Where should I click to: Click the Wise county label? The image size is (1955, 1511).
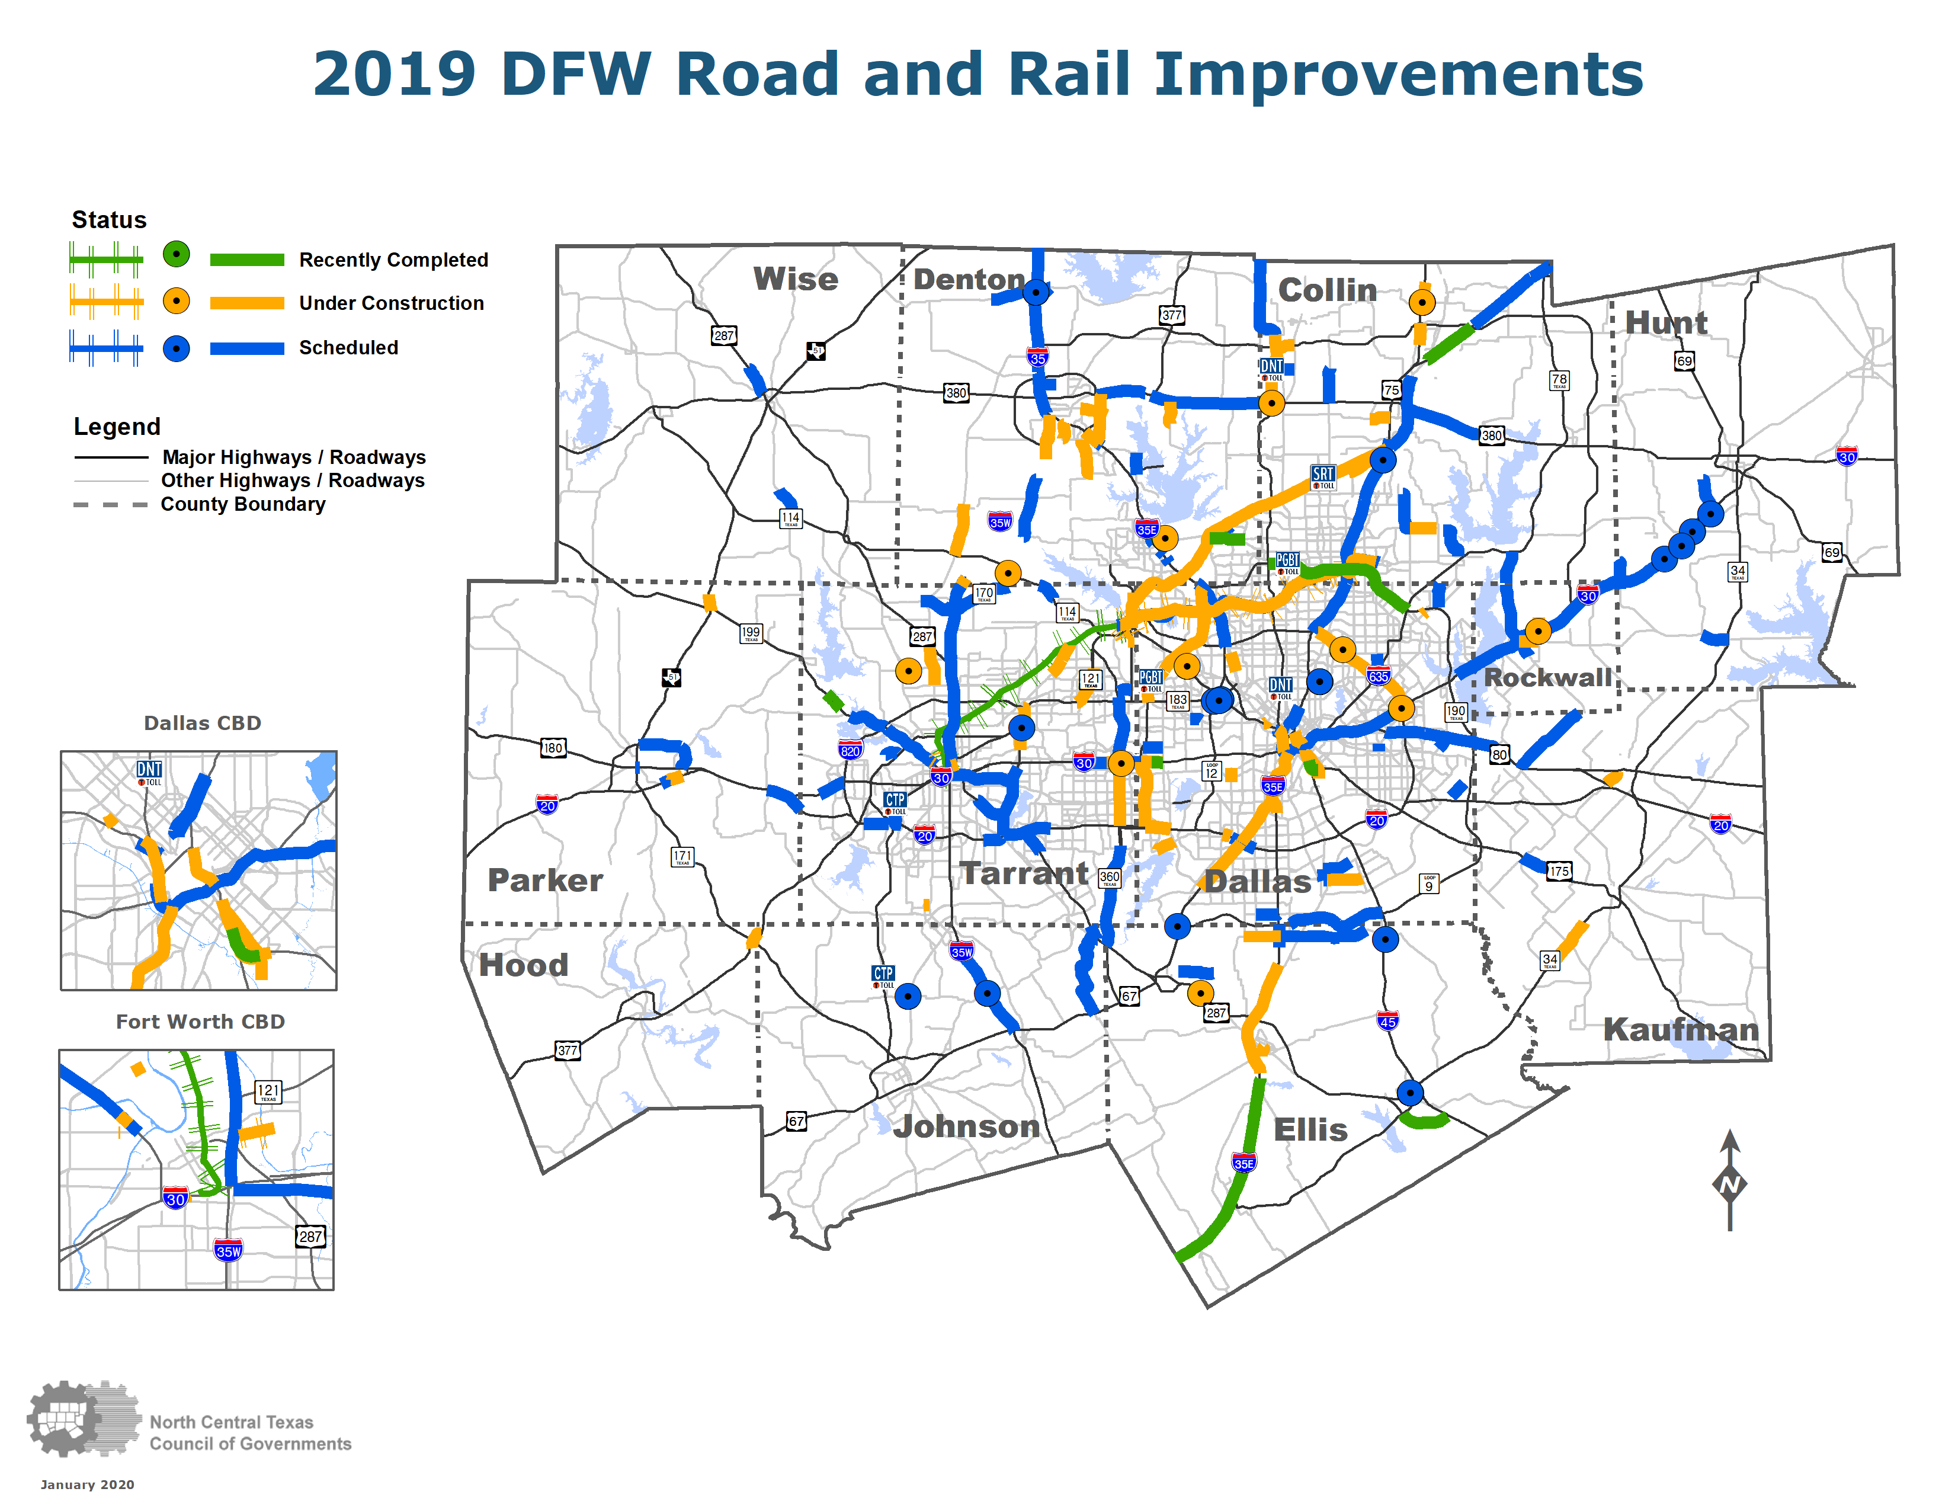[x=795, y=279]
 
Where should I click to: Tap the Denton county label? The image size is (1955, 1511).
[x=969, y=279]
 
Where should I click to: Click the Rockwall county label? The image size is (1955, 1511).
[x=1547, y=678]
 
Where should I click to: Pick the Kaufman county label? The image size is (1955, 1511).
[x=1680, y=1029]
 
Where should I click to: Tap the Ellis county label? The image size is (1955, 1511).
[x=1310, y=1129]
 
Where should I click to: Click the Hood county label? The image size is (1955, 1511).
[x=524, y=965]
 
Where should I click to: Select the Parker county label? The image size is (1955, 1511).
[x=544, y=880]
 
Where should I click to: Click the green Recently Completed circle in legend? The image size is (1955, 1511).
[x=177, y=255]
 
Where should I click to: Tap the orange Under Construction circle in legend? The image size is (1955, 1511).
[x=177, y=302]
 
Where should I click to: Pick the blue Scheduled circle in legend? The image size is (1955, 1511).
[x=177, y=348]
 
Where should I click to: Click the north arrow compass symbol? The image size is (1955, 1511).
[x=1729, y=1182]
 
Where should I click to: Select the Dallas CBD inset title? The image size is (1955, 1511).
[x=202, y=724]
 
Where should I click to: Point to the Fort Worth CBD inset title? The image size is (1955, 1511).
[x=200, y=1022]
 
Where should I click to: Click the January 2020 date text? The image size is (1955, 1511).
[x=87, y=1485]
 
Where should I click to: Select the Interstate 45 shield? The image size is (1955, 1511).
[x=1387, y=1020]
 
